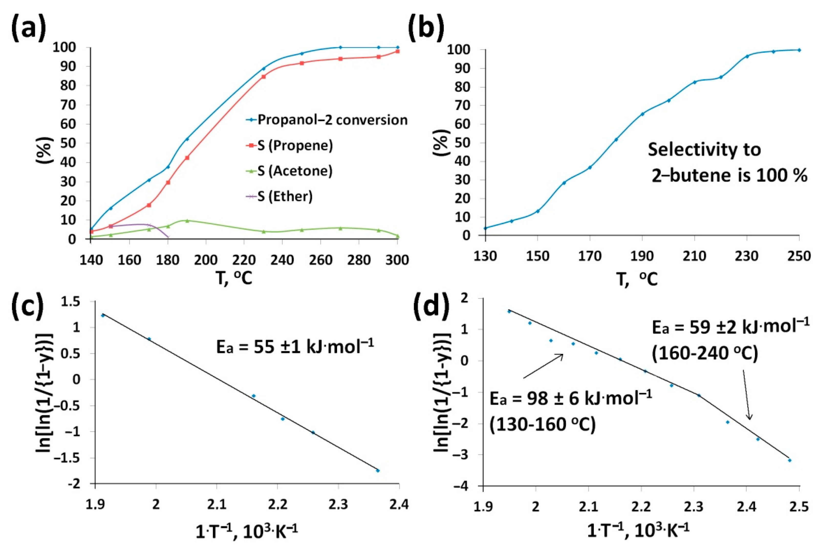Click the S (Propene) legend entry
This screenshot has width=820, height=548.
click(x=295, y=145)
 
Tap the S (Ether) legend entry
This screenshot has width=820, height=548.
click(x=285, y=196)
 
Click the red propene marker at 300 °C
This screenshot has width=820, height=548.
click(x=398, y=51)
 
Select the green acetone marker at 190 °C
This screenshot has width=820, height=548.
click(x=187, y=221)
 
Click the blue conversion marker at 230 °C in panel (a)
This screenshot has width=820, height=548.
click(x=264, y=69)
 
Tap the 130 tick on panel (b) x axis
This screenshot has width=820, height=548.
click(x=485, y=256)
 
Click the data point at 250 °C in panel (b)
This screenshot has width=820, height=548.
click(x=799, y=50)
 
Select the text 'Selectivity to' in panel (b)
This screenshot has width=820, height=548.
click(x=704, y=150)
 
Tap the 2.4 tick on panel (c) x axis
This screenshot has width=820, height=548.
click(x=399, y=504)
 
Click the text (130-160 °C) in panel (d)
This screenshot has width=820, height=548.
click(x=542, y=425)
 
